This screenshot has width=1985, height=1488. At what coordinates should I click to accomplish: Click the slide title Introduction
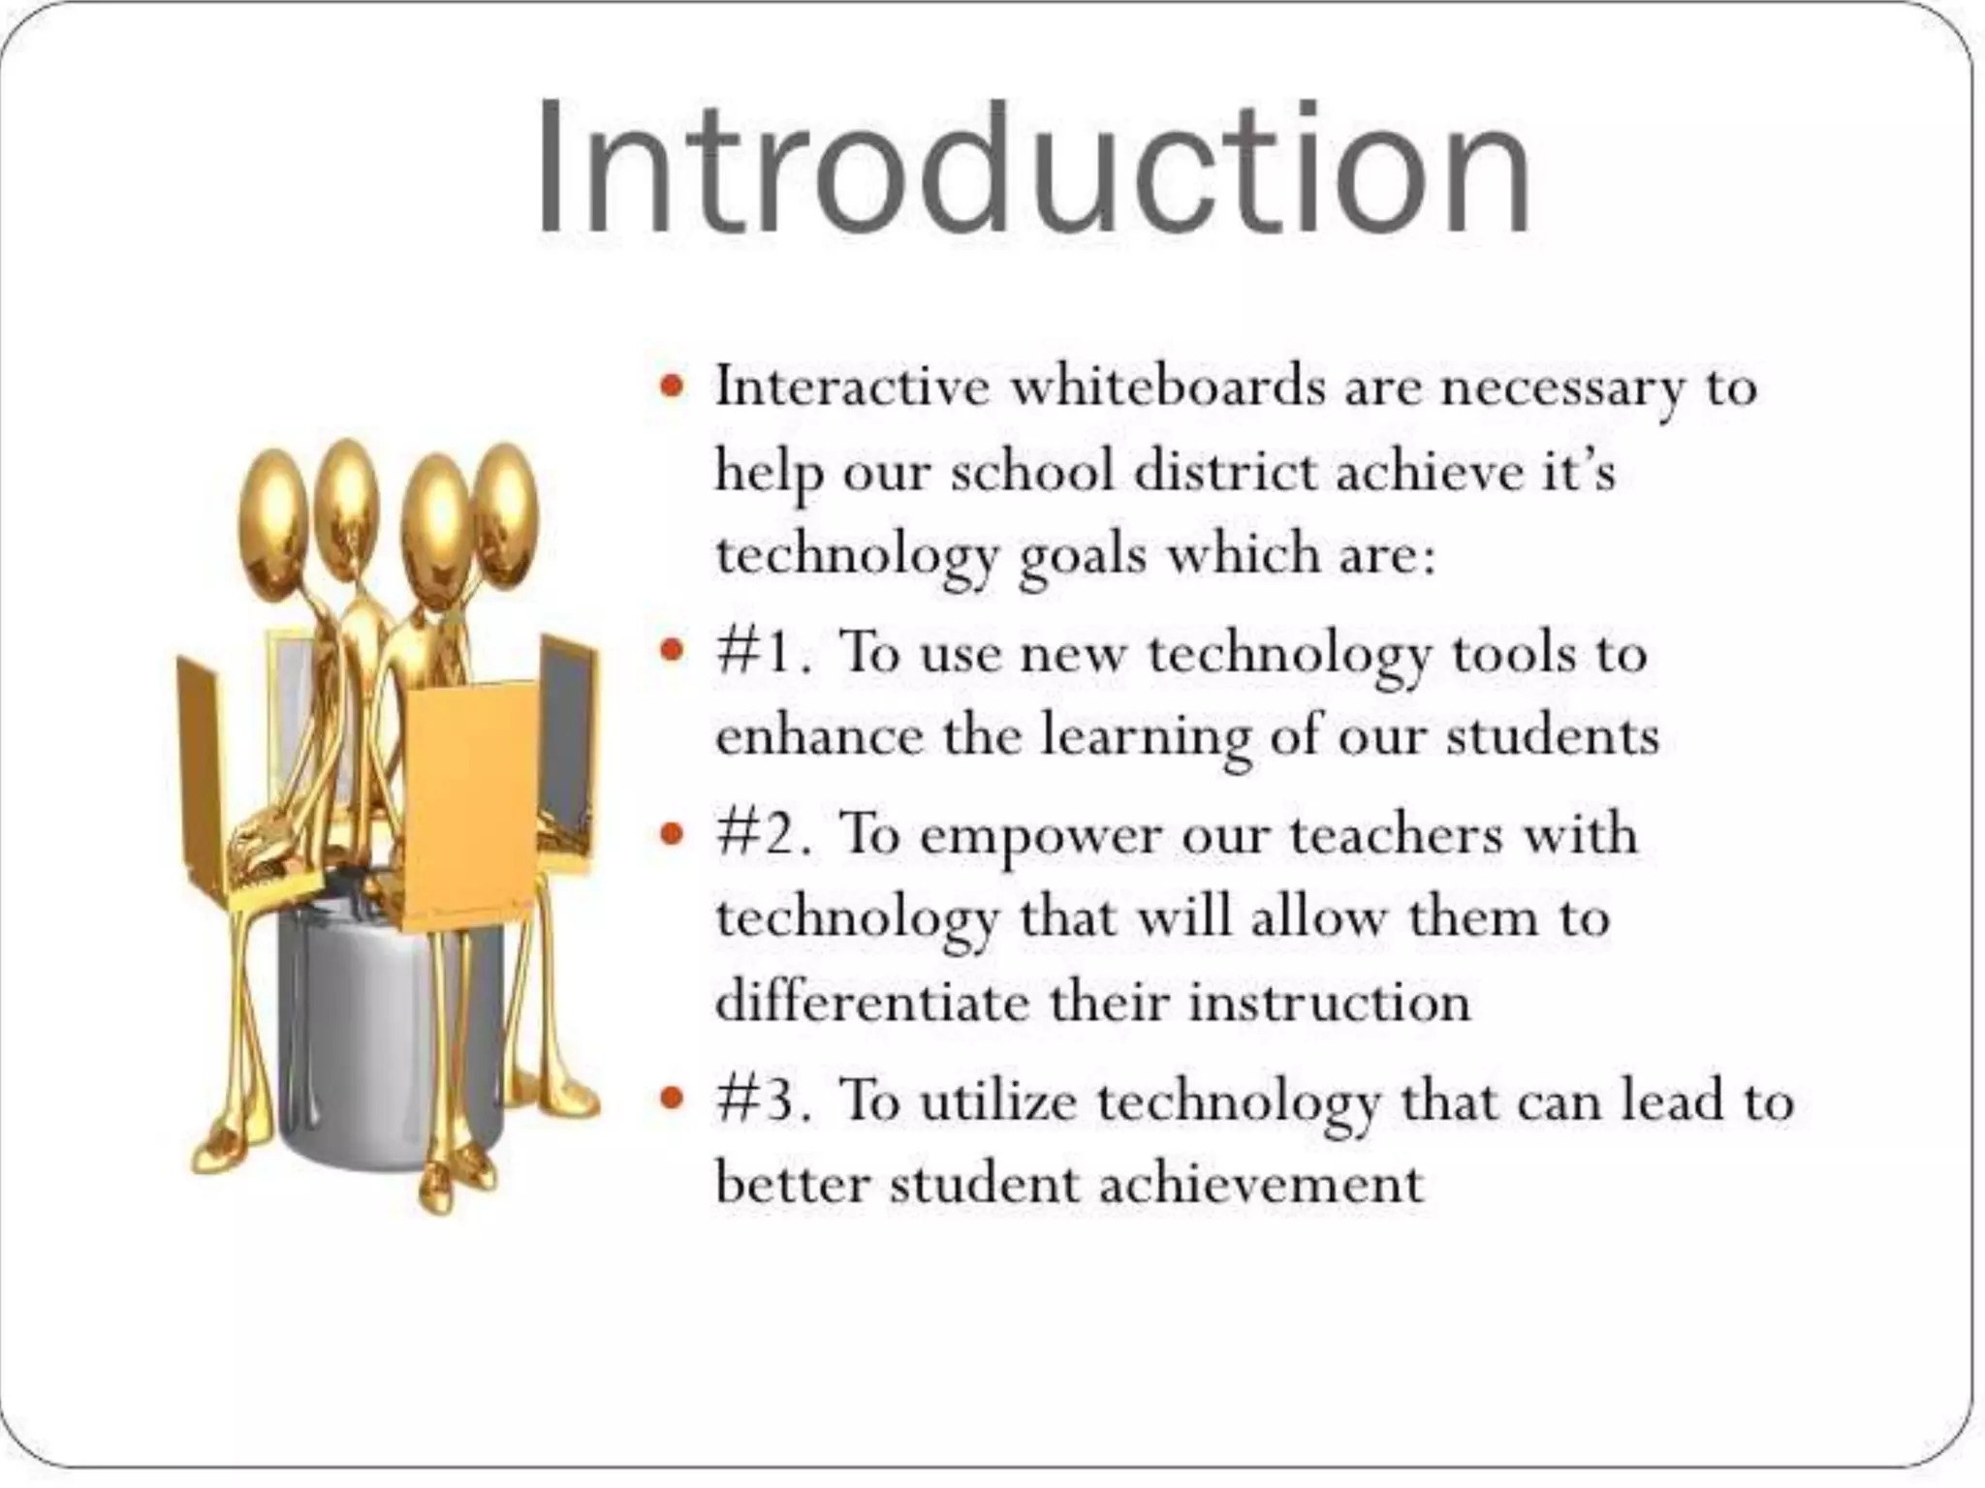click(x=1033, y=167)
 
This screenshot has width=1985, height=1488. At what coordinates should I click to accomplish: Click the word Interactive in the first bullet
click(x=853, y=387)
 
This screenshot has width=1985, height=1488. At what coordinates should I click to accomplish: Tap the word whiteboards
click(x=1167, y=387)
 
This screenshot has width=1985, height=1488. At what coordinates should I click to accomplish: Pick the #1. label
click(x=764, y=652)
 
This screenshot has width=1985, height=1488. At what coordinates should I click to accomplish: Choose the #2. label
click(x=764, y=833)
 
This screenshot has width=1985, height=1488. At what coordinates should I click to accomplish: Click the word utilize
click(x=998, y=1101)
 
